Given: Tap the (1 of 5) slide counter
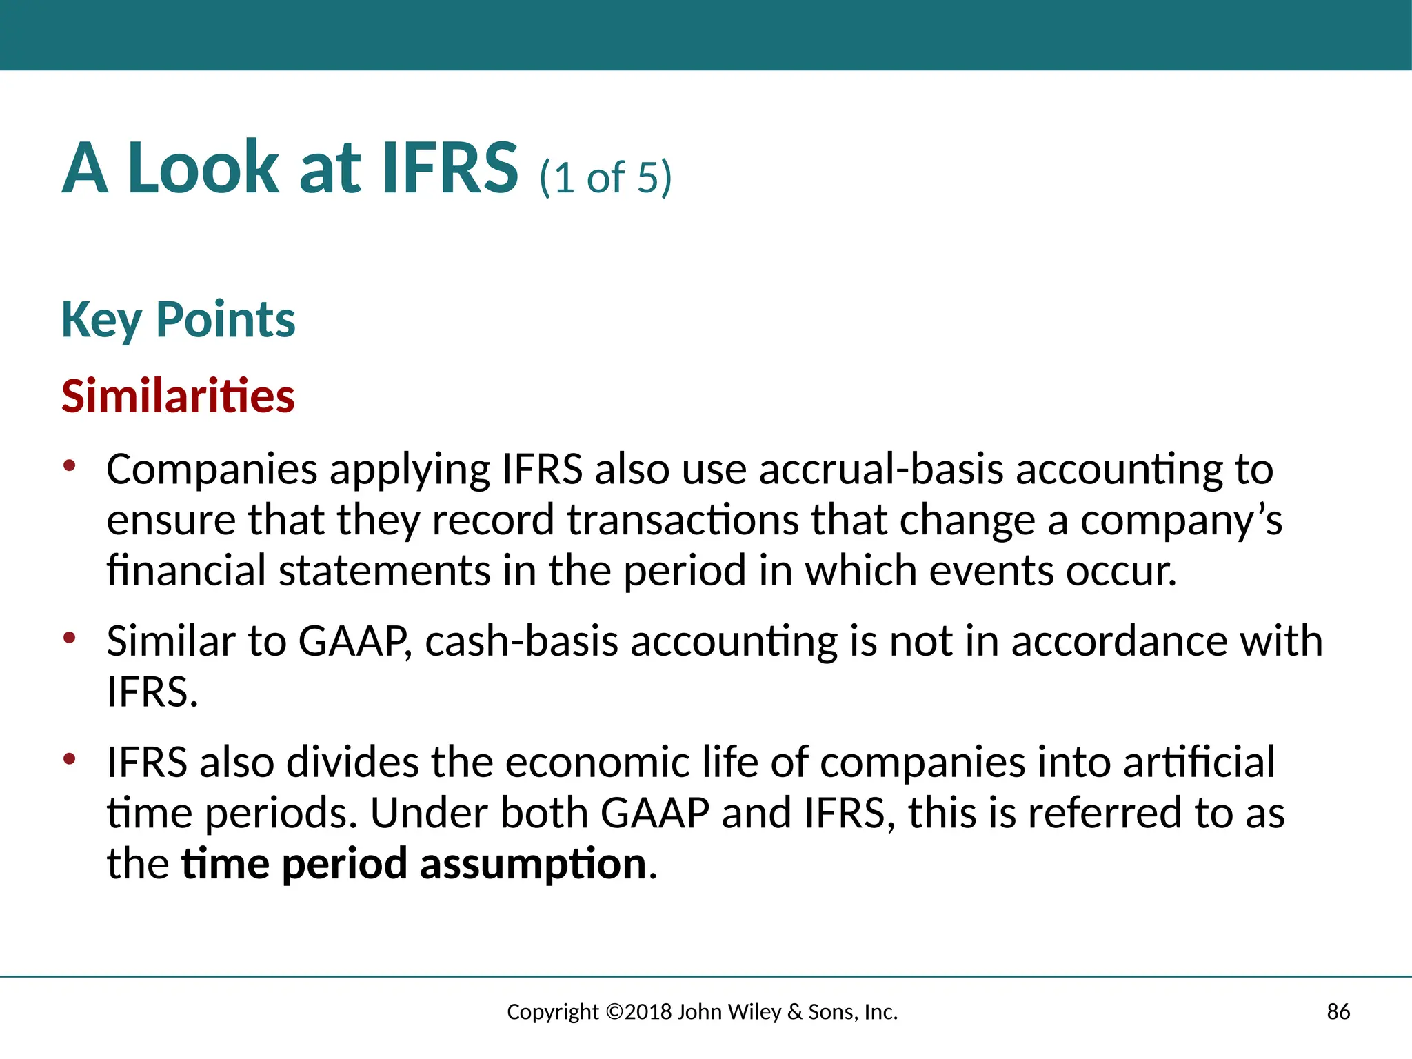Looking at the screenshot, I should click(x=605, y=177).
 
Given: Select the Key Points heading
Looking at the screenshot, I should click(x=178, y=320).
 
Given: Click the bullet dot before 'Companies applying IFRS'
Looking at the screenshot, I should click(x=69, y=466).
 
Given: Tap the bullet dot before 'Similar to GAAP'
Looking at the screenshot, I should click(x=69, y=638).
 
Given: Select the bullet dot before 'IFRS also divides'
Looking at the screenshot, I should click(x=69, y=759).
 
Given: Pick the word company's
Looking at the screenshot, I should click(x=1181, y=521).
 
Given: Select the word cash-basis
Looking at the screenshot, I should click(x=521, y=641).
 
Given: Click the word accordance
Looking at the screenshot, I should click(x=1119, y=641).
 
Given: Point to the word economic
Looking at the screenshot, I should click(x=597, y=763).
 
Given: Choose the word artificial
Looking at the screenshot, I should click(x=1199, y=763).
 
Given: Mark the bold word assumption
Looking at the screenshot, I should click(x=533, y=865).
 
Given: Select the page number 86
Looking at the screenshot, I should click(x=1338, y=1012).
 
